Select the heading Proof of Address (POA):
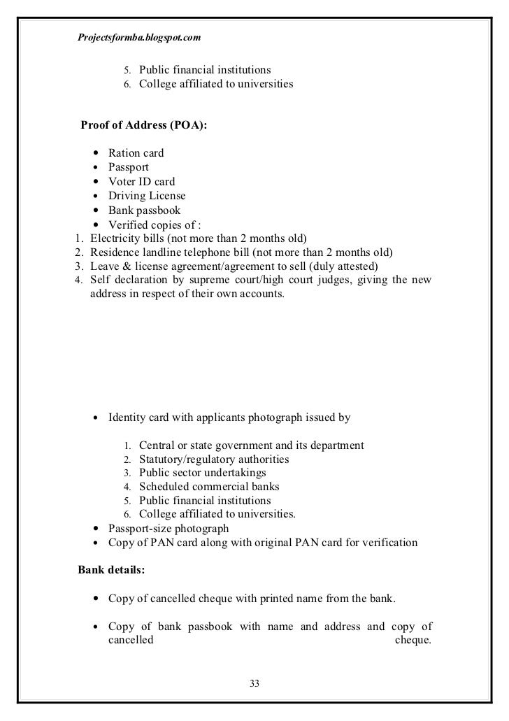coord(144,126)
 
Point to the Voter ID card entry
coord(141,182)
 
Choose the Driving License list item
coord(147,196)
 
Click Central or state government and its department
coord(251,445)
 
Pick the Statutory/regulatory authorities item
coord(214,459)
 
